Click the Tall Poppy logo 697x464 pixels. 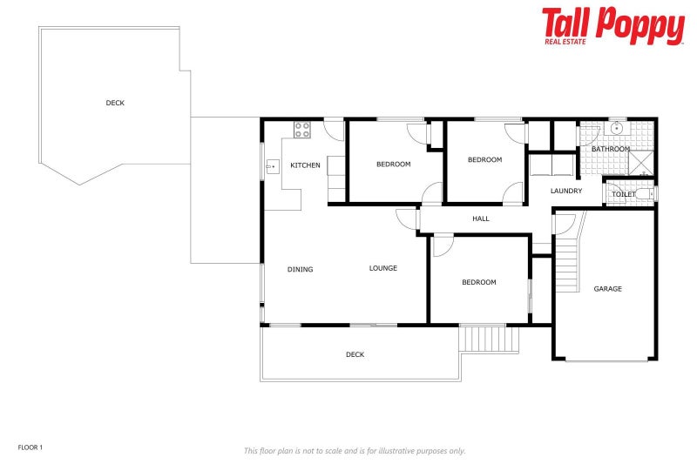tap(612, 26)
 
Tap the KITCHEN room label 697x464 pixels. tap(305, 165)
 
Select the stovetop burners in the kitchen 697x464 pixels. tap(302, 130)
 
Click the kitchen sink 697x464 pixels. tap(272, 165)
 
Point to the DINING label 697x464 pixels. tap(300, 269)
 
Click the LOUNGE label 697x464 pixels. tap(382, 268)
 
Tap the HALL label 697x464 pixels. tap(481, 219)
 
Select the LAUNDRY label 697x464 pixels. tap(566, 191)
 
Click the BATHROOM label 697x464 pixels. tap(611, 149)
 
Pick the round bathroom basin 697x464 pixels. tap(617, 128)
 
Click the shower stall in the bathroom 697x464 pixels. tap(641, 164)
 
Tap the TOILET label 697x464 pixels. tap(624, 194)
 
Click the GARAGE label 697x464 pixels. tap(607, 289)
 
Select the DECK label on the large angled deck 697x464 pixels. tap(115, 103)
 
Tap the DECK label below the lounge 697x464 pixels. tap(355, 354)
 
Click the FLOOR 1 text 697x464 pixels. tap(30, 447)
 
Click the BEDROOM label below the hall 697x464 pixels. tap(478, 282)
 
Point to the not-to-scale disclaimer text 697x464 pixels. tap(355, 451)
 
